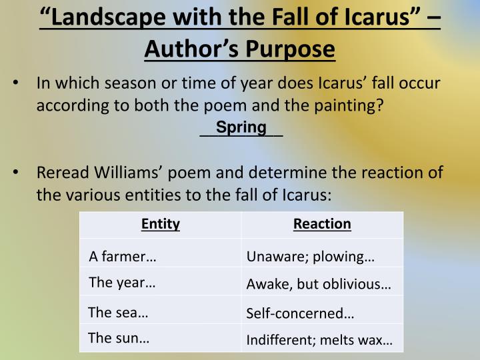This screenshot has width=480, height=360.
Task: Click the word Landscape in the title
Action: click(x=108, y=17)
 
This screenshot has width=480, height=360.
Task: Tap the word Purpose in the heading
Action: click(x=290, y=49)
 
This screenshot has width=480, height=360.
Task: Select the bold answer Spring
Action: click(x=241, y=127)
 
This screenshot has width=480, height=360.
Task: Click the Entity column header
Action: click(x=161, y=224)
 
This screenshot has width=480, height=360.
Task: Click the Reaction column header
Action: click(x=322, y=224)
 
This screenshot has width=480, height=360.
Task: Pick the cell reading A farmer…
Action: click(x=123, y=257)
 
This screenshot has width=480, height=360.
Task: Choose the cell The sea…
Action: click(x=118, y=313)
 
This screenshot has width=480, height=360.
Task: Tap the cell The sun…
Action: click(x=119, y=338)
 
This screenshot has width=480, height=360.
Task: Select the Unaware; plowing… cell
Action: click(x=311, y=257)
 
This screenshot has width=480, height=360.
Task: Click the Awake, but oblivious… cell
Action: click(x=319, y=285)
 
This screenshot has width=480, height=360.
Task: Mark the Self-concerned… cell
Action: click(x=300, y=313)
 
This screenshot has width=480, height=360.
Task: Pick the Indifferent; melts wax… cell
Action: click(x=319, y=340)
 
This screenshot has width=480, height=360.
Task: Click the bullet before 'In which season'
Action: click(x=15, y=83)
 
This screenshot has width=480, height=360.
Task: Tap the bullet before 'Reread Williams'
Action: click(x=15, y=172)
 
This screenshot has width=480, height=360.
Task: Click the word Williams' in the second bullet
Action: click(x=129, y=173)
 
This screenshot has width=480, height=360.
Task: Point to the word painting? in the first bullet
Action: click(x=349, y=106)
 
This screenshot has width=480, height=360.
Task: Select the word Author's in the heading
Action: click(x=191, y=49)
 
